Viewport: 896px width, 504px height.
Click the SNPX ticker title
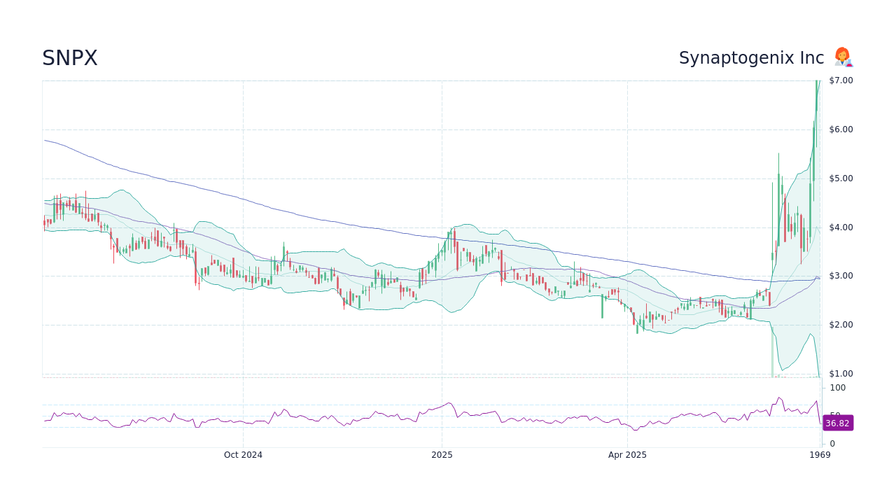[70, 59]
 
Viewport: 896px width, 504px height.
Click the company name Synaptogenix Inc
[751, 59]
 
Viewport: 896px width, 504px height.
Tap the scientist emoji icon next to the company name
[843, 57]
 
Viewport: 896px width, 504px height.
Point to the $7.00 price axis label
[841, 80]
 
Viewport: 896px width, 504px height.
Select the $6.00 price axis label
[841, 129]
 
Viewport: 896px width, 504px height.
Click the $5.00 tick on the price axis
[841, 178]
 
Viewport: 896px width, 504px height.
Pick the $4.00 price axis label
[841, 227]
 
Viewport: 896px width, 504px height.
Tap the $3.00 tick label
[841, 276]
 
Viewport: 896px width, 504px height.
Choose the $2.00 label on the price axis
[841, 325]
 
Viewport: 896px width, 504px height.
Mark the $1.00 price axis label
[841, 374]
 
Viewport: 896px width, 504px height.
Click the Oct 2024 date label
[243, 455]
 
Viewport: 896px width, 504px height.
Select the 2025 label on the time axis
[442, 455]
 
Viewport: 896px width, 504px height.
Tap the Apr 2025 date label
[627, 455]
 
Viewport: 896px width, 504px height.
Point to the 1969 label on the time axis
[820, 455]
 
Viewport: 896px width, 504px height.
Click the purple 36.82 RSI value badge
[837, 423]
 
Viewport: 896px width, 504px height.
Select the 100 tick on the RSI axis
[838, 388]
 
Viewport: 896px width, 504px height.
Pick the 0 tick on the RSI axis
[832, 444]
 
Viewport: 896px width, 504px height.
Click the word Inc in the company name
[812, 59]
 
